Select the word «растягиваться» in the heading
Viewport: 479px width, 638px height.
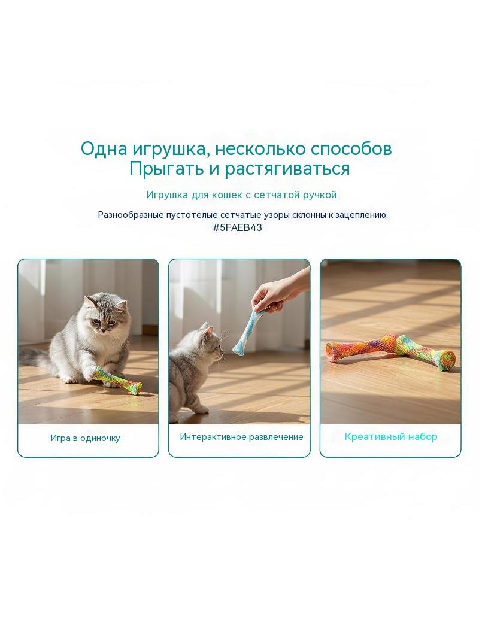287,169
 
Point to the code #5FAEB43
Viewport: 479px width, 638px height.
237,227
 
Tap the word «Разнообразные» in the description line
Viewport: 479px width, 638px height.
131,215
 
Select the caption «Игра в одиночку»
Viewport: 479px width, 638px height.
86,438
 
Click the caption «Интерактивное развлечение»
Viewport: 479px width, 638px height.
242,437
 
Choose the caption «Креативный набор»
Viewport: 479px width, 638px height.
391,436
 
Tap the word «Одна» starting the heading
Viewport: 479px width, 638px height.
104,149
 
